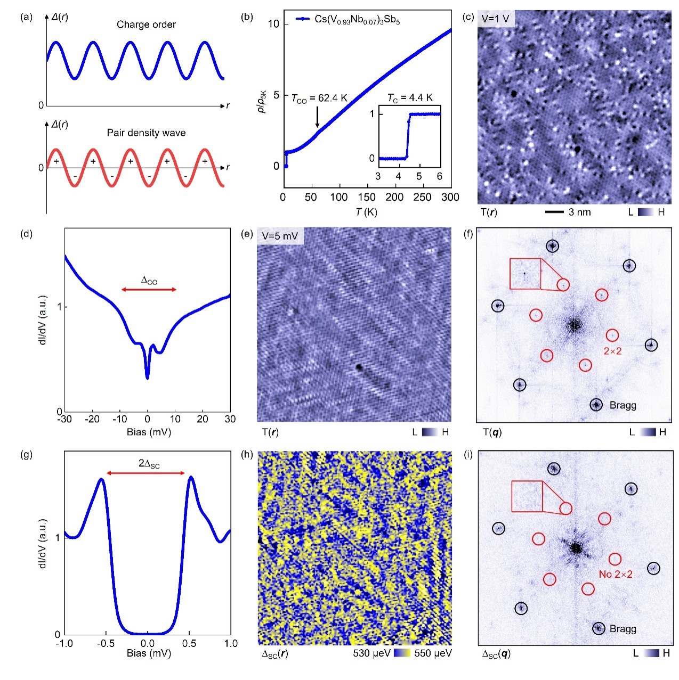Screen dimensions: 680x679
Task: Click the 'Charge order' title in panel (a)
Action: click(146, 24)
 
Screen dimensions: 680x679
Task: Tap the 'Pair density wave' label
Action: click(146, 133)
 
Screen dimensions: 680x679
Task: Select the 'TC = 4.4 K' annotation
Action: click(410, 97)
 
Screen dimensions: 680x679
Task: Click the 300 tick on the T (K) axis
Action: click(450, 197)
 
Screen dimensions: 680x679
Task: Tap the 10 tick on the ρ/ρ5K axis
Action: click(273, 24)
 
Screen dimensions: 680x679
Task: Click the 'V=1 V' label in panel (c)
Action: click(495, 18)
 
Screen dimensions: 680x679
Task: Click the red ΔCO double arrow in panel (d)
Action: click(149, 289)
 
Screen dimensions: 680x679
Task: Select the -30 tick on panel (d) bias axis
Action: click(66, 419)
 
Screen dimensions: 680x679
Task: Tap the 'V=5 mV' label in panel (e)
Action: click(280, 235)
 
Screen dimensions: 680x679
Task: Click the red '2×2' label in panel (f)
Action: click(613, 351)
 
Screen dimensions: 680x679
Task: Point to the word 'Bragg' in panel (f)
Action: click(623, 405)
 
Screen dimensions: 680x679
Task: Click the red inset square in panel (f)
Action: click(525, 274)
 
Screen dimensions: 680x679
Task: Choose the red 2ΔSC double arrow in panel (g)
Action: click(145, 473)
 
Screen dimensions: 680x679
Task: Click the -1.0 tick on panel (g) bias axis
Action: click(66, 643)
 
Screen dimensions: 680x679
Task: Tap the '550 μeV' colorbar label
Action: click(433, 653)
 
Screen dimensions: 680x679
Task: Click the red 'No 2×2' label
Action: click(616, 574)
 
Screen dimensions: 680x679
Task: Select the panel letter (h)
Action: click(247, 455)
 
